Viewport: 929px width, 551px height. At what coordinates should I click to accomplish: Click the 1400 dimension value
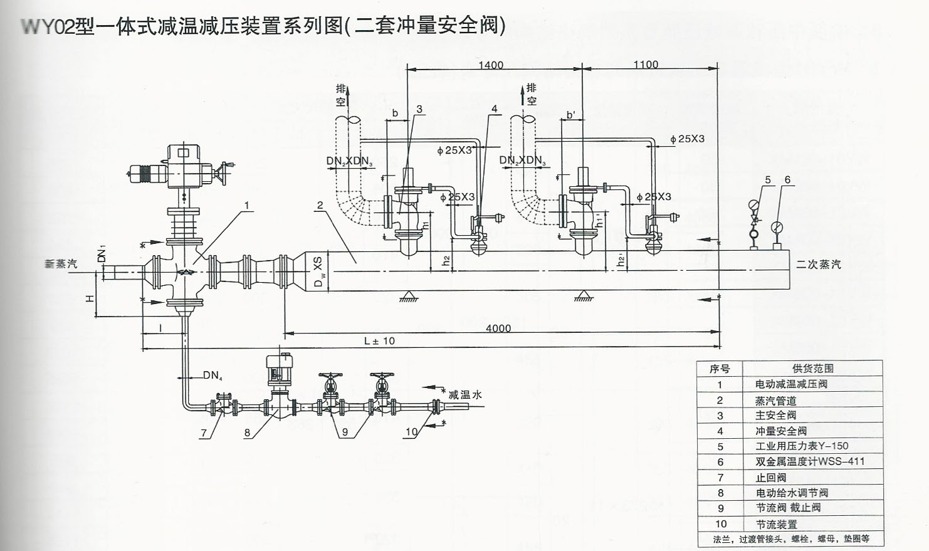click(491, 65)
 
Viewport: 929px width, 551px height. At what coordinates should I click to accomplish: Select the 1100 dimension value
click(646, 65)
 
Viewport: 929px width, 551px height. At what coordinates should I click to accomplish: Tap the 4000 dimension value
click(498, 328)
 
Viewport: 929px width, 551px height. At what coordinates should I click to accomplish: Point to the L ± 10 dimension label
click(380, 341)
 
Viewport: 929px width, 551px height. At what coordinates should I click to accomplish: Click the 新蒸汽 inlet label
click(61, 265)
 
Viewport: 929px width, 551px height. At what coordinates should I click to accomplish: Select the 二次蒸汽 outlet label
click(819, 265)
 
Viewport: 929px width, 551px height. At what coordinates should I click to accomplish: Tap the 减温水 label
click(465, 394)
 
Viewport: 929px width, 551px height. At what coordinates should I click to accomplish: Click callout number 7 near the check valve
click(204, 433)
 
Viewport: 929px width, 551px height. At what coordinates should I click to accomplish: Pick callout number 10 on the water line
click(411, 432)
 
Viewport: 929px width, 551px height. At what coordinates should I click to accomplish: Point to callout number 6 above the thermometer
click(787, 180)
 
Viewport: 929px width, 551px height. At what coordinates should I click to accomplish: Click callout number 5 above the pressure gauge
click(768, 180)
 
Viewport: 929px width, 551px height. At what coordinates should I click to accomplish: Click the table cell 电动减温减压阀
click(791, 384)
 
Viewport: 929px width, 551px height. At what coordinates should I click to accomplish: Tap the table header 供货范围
click(813, 369)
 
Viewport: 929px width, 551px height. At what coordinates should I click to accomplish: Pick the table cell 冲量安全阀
click(780, 431)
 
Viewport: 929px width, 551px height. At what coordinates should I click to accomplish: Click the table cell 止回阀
click(771, 477)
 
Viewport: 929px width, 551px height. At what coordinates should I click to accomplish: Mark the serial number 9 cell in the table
click(720, 508)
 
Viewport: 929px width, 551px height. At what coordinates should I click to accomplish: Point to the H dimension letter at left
click(90, 298)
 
